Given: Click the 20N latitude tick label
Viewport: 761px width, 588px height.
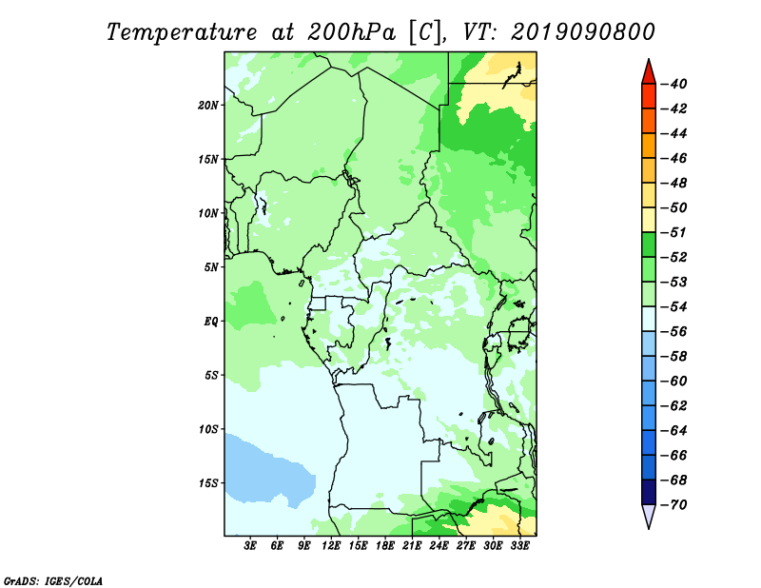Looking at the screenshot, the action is pos(208,106).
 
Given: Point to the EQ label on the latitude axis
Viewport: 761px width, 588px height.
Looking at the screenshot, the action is pos(210,322).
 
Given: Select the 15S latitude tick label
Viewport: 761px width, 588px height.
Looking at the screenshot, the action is pos(208,483).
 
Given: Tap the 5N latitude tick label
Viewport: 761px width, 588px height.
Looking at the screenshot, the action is pos(211,267).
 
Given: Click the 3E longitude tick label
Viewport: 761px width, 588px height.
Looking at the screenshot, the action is pos(250,546).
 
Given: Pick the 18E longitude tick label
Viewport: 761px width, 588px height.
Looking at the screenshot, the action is pos(385,546).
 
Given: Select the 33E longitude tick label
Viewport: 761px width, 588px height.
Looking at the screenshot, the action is pos(519,546).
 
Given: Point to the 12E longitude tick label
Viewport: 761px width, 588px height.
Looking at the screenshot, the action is pos(331,546).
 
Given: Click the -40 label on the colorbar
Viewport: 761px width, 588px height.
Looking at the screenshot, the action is pos(674,84).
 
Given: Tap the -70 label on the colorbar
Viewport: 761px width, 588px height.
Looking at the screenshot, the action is pos(674,505).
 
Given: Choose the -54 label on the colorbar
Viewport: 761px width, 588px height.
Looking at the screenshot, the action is pos(674,307).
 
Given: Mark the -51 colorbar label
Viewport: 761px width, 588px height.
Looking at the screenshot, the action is pos(674,232).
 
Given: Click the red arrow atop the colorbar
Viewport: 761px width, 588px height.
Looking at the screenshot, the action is pos(649,73).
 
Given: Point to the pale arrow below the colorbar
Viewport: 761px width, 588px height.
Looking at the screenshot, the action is pos(649,515).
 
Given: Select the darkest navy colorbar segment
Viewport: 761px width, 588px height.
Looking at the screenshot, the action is pos(649,492).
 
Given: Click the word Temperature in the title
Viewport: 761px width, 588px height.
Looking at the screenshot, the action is pos(182,32).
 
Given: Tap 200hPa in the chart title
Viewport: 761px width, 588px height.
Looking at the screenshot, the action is pos(351,32).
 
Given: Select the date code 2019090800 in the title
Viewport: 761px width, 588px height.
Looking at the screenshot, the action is pos(582,32).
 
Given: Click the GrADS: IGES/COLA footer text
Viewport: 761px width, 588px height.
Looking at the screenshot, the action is pos(53,581).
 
